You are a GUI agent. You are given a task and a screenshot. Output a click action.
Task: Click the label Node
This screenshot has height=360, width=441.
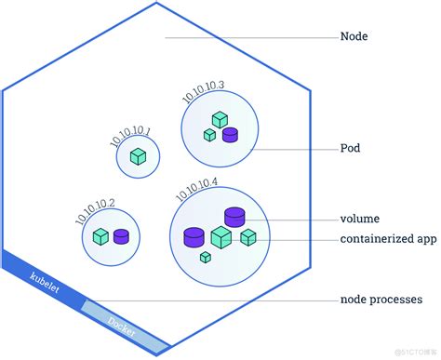355,38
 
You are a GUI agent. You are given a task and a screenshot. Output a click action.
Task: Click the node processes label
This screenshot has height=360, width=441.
381,300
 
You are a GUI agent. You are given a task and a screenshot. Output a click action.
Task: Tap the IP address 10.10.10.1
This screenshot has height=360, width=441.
129,135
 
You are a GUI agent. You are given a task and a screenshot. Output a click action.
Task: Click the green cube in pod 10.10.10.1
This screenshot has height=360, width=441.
138,156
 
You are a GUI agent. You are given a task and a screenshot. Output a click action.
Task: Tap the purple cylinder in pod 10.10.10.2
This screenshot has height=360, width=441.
121,236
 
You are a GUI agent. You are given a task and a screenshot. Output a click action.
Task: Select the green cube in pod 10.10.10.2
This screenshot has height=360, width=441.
100,236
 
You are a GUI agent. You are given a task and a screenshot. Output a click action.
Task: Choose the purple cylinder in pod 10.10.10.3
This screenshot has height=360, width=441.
230,135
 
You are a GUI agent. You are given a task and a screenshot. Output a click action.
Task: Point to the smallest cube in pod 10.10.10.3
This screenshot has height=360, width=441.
209,136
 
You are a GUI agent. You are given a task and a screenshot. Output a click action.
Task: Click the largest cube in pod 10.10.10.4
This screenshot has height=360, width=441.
220,238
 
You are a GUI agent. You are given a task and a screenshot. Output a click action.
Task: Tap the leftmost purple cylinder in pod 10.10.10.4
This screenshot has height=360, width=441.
194,236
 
